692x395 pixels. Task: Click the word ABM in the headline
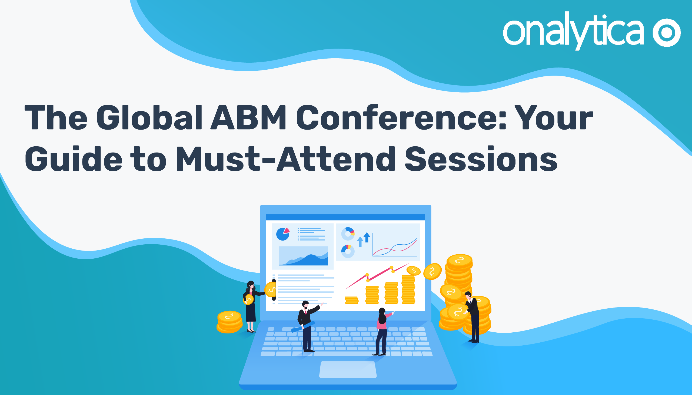pos(248,117)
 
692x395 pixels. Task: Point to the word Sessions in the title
pos(481,159)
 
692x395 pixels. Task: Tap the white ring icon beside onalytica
pos(667,33)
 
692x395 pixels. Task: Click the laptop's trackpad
pos(348,370)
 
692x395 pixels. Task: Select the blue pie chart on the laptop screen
pos(283,234)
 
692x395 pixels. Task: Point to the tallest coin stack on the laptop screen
pos(408,289)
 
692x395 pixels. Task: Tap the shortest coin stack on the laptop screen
pos(351,300)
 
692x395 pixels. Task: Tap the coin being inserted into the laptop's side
pos(271,289)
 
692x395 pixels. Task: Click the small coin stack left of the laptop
pos(229,322)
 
